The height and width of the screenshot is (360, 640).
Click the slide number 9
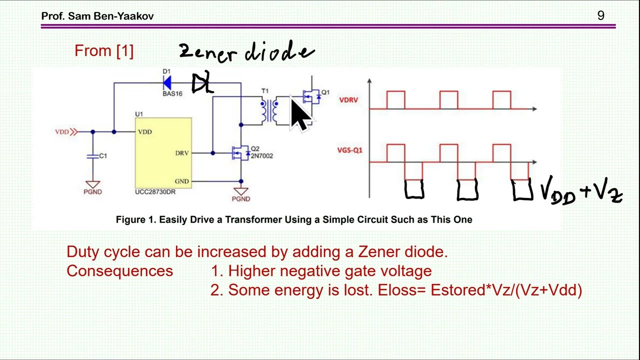pyautogui.click(x=600, y=15)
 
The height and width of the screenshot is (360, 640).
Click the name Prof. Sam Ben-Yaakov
pyautogui.click(x=97, y=16)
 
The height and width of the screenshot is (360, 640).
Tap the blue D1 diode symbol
pyautogui.click(x=167, y=83)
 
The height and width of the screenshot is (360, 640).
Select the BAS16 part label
pyautogui.click(x=172, y=93)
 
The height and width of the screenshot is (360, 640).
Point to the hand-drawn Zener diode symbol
pyautogui.click(x=202, y=83)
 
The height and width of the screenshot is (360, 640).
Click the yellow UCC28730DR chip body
pyautogui.click(x=163, y=153)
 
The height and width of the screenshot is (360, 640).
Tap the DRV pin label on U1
pyautogui.click(x=182, y=153)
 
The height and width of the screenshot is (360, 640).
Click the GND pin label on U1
pyautogui.click(x=181, y=181)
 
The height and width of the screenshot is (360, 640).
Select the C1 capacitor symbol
pyautogui.click(x=92, y=156)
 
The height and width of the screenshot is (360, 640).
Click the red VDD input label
pyautogui.click(x=62, y=131)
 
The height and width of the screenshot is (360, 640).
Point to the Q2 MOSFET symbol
pyautogui.click(x=240, y=153)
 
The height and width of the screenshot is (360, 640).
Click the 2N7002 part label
pyautogui.click(x=261, y=156)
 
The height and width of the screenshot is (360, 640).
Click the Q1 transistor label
pyautogui.click(x=325, y=92)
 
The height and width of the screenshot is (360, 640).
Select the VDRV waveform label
pyautogui.click(x=348, y=100)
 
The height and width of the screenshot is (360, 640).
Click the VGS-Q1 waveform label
pyautogui.click(x=349, y=150)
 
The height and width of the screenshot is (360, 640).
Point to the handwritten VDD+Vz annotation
pyautogui.click(x=581, y=191)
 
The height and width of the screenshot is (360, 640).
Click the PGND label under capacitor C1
pyautogui.click(x=92, y=192)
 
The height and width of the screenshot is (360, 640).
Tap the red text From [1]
pyautogui.click(x=104, y=51)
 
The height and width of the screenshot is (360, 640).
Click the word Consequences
pyautogui.click(x=119, y=271)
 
